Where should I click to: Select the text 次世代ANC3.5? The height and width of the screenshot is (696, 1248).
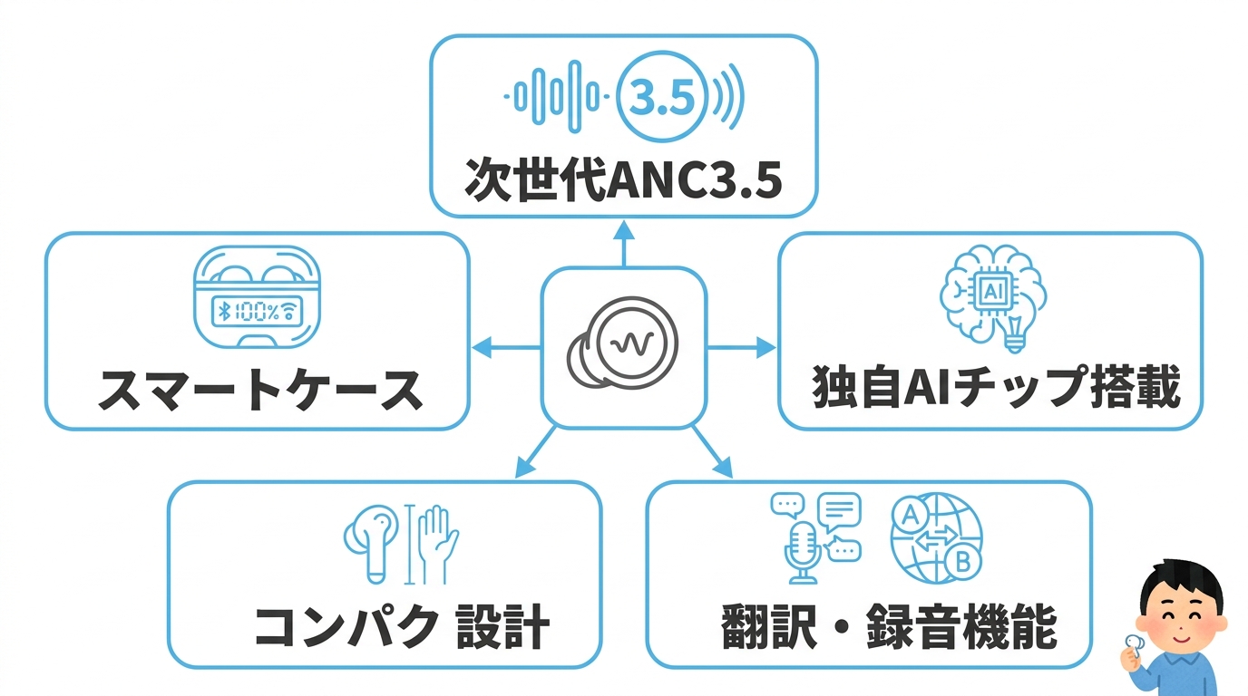click(x=622, y=179)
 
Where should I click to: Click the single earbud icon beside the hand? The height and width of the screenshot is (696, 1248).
click(x=372, y=542)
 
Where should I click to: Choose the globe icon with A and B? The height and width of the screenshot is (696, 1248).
click(x=935, y=536)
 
